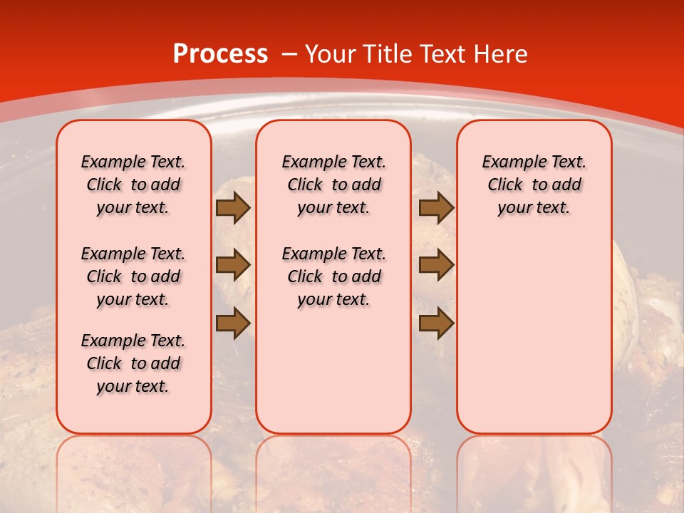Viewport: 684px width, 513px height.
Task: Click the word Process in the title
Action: click(x=220, y=53)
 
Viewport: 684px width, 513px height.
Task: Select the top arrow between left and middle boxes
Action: click(x=232, y=207)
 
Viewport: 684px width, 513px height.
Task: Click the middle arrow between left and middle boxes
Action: click(x=232, y=266)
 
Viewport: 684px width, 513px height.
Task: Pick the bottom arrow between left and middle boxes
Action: click(x=232, y=323)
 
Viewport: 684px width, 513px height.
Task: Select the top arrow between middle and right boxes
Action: click(x=436, y=207)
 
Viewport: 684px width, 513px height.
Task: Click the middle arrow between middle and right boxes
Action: click(x=436, y=266)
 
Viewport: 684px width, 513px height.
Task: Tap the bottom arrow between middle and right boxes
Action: click(x=436, y=323)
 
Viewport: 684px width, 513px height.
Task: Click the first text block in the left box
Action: click(x=133, y=185)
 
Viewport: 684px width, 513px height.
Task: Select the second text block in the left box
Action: click(x=133, y=276)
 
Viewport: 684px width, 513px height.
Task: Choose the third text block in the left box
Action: click(x=133, y=363)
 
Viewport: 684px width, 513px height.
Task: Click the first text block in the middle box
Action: click(x=333, y=185)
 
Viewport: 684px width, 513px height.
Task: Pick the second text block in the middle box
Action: click(x=333, y=276)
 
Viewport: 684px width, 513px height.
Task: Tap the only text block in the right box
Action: click(x=534, y=185)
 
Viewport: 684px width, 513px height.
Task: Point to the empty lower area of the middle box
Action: click(x=333, y=370)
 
